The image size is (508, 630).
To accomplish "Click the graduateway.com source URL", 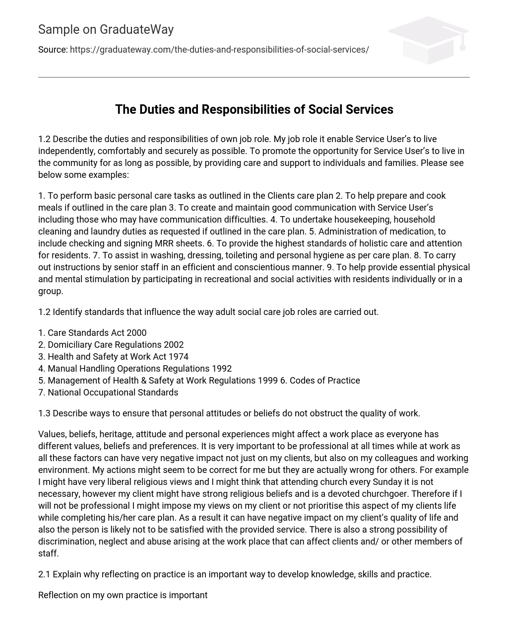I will pos(219,50).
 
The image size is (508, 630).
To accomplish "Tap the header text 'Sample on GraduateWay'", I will pos(106,30).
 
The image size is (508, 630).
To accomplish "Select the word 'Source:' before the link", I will pos(53,50).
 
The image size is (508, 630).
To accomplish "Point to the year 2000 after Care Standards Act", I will pos(136,333).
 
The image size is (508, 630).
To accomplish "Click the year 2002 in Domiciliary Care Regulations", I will pos(174,345).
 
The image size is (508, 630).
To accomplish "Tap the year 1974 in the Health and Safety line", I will pos(179,357).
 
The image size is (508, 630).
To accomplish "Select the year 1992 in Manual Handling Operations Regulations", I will pos(222,369).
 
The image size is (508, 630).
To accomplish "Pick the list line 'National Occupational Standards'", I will pos(108,393).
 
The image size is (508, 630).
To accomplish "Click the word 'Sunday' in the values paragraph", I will pos(373,482).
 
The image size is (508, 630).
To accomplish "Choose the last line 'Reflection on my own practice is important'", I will pos(123,595).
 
